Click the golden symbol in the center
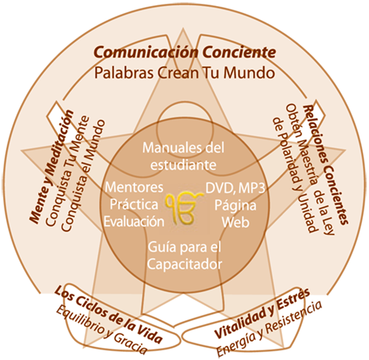point(184,208)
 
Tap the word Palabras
point(124,73)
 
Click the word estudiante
point(183,165)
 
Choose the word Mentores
point(134,187)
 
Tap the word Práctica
point(134,204)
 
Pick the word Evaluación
point(134,221)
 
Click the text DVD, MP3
point(235,188)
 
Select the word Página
point(235,205)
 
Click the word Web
point(235,222)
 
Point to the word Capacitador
point(184,265)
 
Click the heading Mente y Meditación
point(52,167)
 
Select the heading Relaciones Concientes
point(325,165)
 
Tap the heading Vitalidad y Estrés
point(262,313)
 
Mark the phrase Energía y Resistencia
point(269,328)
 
